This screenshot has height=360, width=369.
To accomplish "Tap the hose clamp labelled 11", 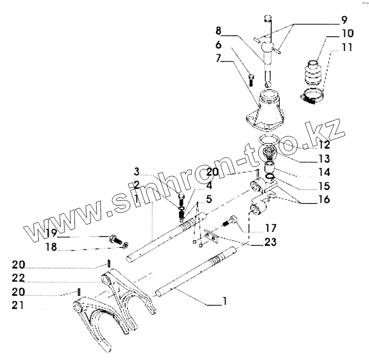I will coord(311,96).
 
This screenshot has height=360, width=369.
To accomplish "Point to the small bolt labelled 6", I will coord(251,80).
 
